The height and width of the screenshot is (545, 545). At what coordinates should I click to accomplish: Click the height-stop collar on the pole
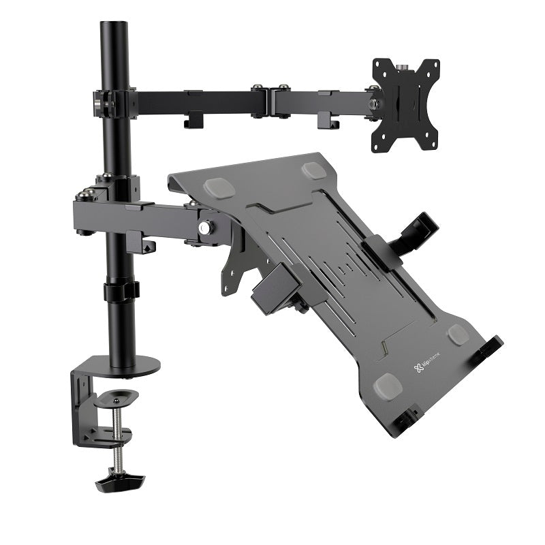tap(121, 292)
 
